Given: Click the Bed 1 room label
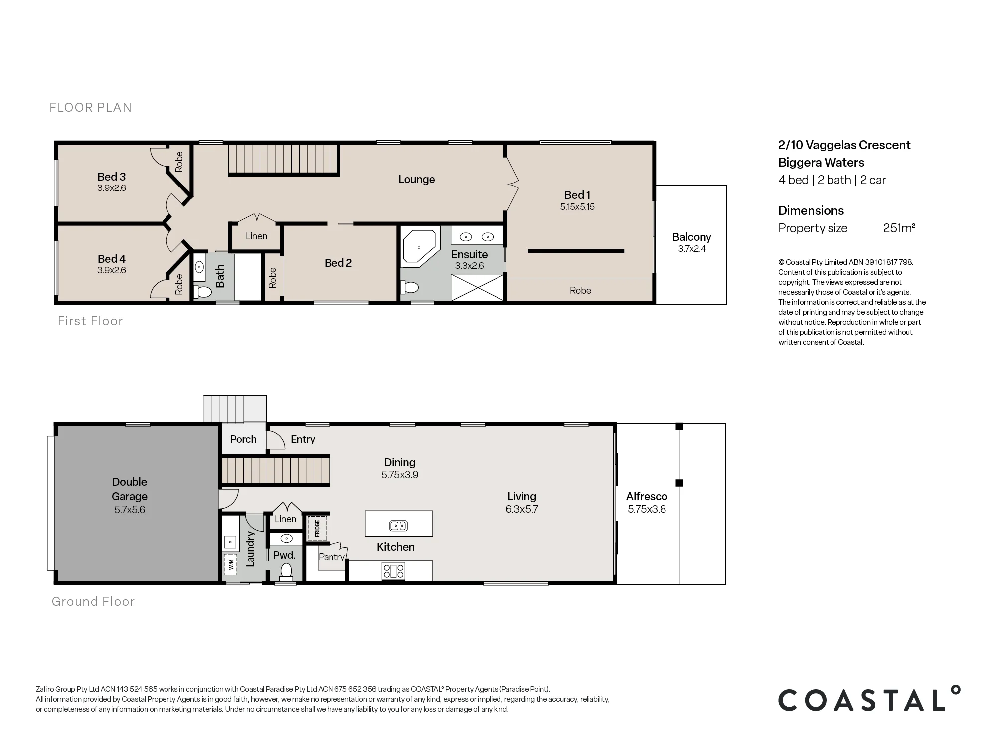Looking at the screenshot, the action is (577, 195).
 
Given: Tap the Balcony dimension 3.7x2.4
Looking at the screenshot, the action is (692, 249).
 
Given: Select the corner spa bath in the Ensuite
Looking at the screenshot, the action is (420, 245).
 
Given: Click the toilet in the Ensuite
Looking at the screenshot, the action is (409, 287).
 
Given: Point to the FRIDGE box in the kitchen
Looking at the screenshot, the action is (316, 528).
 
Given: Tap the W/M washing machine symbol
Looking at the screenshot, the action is (231, 564).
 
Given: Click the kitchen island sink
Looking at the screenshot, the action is (398, 525).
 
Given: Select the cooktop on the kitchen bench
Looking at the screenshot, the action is (393, 571).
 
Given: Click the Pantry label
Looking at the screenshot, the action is (332, 557).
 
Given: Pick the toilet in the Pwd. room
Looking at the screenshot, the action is (286, 571).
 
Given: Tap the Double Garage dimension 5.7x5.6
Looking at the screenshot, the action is (130, 510).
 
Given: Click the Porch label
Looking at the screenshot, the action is (243, 439).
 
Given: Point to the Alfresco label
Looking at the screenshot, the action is (647, 496).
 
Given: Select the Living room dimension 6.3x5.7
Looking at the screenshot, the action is (522, 509).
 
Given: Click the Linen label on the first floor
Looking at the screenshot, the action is (256, 236).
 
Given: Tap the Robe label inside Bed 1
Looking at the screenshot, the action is (580, 290).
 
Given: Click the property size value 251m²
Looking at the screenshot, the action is (899, 228).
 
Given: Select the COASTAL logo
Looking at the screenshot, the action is (869, 699).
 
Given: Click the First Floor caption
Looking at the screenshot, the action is (90, 321).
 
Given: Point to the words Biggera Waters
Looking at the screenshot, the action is (821, 163).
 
